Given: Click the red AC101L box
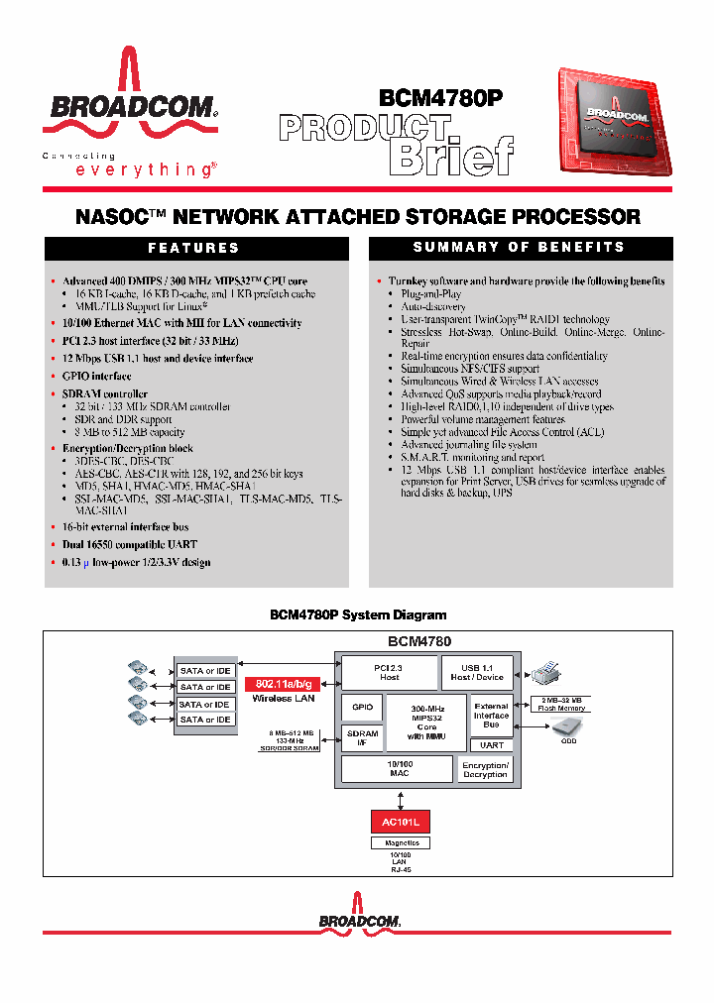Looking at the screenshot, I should (402, 822).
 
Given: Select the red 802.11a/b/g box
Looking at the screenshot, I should (284, 684).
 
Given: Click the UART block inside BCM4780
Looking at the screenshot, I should (492, 744).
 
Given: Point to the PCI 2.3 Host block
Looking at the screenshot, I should (389, 672).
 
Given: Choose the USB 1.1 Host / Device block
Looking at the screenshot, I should (477, 672).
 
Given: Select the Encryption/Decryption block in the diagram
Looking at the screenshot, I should (485, 769).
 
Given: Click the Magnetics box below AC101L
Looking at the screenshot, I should (402, 843).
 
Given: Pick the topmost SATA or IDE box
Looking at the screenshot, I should (205, 671).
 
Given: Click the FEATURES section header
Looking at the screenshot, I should (194, 248).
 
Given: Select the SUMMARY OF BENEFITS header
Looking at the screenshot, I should (519, 247).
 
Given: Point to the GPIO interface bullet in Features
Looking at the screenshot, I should (96, 377).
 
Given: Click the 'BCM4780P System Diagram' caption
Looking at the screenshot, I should (358, 615).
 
